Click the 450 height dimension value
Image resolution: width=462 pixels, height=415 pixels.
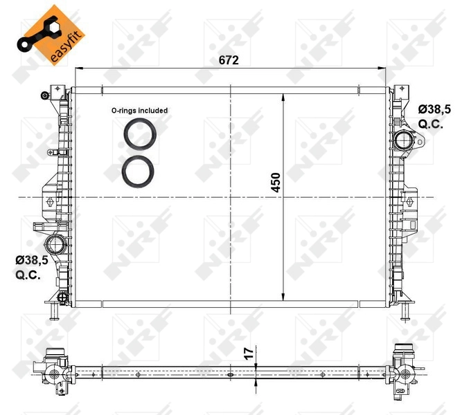[x=275, y=182]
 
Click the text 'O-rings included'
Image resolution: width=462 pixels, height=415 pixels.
[x=140, y=110]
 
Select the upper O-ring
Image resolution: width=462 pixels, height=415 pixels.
[x=140, y=133]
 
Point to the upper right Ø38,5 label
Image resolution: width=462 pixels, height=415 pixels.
[x=434, y=109]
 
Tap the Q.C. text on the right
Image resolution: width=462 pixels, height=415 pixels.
[x=431, y=124]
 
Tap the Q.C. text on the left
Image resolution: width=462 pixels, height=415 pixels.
[x=27, y=274]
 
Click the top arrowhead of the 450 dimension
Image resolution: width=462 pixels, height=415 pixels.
[x=283, y=93]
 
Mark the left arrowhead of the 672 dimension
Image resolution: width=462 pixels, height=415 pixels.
[x=78, y=68]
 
